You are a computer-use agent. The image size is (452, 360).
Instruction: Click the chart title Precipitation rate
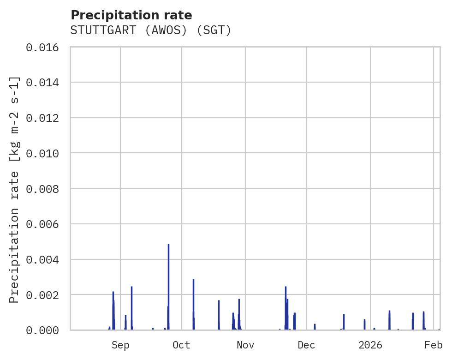click(131, 15)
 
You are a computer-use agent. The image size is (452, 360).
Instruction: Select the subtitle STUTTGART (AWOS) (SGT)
click(150, 30)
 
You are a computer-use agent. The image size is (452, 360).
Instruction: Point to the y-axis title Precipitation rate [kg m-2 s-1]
click(15, 189)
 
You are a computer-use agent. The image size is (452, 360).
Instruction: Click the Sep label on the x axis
click(120, 345)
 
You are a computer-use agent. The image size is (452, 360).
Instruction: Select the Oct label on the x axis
click(182, 345)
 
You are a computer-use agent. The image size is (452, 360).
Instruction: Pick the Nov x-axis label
click(245, 345)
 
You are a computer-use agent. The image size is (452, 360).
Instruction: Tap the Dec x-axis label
click(307, 345)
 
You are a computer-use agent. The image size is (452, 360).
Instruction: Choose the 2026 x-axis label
click(370, 345)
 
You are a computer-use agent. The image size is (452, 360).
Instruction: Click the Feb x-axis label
click(434, 345)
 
